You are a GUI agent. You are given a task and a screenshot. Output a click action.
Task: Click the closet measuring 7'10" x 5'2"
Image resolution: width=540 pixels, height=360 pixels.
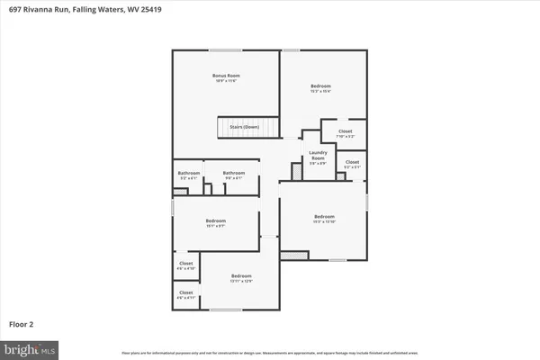[345, 133]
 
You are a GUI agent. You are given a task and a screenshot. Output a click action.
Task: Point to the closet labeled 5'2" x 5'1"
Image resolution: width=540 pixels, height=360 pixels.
[352, 164]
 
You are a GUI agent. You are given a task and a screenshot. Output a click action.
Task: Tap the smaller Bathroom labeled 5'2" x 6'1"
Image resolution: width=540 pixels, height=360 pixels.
[188, 175]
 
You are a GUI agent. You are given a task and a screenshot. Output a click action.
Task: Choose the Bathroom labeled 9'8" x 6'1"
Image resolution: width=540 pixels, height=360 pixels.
[234, 175]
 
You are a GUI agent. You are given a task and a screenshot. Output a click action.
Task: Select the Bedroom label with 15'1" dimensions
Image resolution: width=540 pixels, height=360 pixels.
[215, 222]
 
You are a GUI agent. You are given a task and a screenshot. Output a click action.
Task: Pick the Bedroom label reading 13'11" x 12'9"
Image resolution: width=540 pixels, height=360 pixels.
[241, 277]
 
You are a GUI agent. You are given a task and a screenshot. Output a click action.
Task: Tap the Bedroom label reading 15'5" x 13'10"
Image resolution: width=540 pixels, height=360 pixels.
[324, 218]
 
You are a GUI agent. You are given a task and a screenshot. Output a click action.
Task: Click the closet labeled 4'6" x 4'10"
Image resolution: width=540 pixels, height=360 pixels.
[185, 265]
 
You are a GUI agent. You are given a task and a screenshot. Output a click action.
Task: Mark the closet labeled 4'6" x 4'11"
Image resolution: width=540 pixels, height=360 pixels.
[185, 294]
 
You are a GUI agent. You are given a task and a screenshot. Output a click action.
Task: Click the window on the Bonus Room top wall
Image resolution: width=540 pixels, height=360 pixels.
[225, 49]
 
